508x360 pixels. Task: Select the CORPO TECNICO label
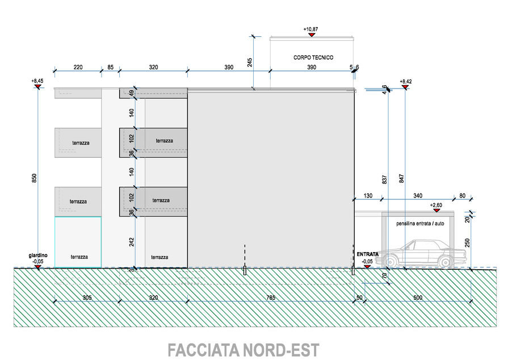coord(313,57)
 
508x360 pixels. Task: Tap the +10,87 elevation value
coord(311,28)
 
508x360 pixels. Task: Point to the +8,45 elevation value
coord(37,81)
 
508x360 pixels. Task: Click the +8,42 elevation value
coord(405,82)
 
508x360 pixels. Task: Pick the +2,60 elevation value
coord(436,205)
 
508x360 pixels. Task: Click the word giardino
coord(38,256)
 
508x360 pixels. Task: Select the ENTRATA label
coord(367,254)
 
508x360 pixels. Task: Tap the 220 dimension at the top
coord(78,67)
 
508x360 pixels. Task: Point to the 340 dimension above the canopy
coord(418,195)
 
